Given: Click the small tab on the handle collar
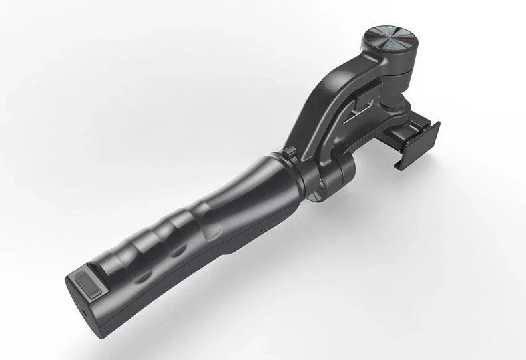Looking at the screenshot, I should (x=290, y=154).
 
